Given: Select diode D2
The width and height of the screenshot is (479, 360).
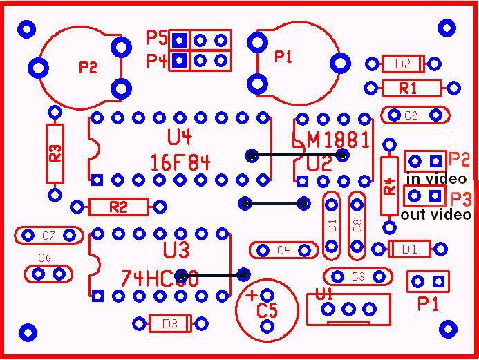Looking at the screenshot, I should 402,64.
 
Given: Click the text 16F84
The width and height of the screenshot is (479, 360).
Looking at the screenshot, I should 180,163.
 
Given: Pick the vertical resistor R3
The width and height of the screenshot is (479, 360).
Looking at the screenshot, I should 55,153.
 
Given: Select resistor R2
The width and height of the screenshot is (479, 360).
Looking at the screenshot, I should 118,207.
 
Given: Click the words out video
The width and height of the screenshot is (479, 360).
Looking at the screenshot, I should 436,214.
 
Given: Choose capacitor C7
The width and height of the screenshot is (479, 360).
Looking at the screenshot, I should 48,236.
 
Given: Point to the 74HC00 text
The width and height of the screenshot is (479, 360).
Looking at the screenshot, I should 160,278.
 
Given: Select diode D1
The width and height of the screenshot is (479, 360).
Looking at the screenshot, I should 410,249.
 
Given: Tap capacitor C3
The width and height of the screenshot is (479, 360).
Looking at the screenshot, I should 357,276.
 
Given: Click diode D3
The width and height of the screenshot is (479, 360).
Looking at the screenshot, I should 169,323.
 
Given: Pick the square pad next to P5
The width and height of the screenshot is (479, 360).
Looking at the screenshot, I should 180,39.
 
